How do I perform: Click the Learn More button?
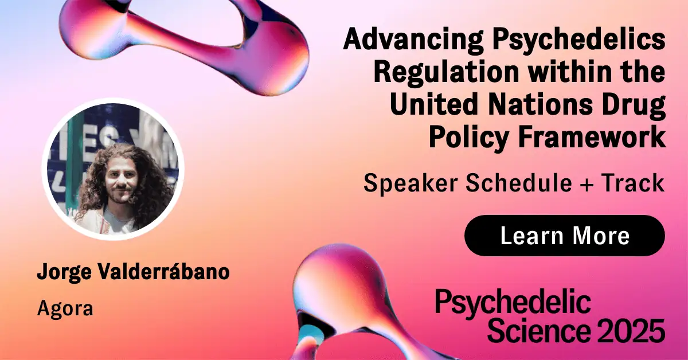565,236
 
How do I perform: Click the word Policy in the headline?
469,138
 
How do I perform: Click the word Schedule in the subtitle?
519,182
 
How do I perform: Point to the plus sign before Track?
587,184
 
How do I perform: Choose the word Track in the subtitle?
633,182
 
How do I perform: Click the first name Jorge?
64,272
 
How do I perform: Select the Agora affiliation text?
65,309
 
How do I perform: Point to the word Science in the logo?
539,331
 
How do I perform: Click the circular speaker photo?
113,169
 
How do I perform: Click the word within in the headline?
569,72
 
